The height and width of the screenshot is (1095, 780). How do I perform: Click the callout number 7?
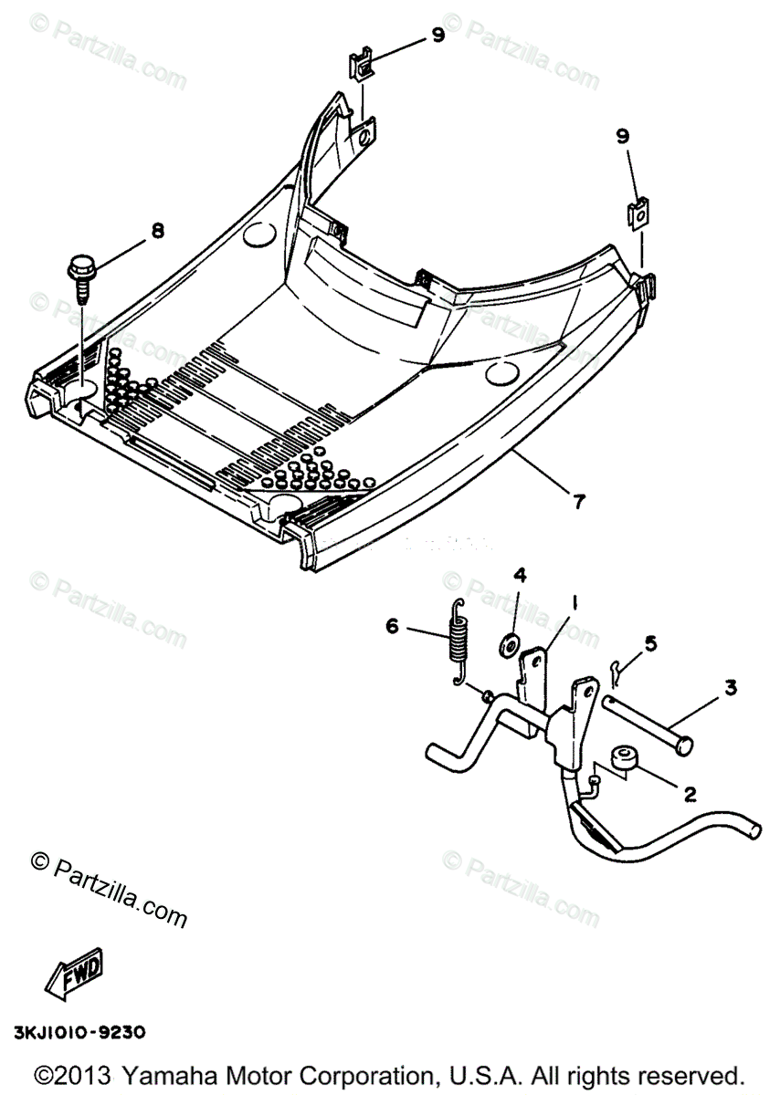coord(579,501)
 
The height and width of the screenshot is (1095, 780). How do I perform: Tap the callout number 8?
coord(157,231)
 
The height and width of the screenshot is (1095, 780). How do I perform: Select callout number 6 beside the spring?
coord(391,626)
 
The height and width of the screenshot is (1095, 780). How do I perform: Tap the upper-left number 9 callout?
coord(437,35)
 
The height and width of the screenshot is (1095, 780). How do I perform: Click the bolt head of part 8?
coord(80,270)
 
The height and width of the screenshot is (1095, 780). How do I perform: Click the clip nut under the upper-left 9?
coord(362,67)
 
